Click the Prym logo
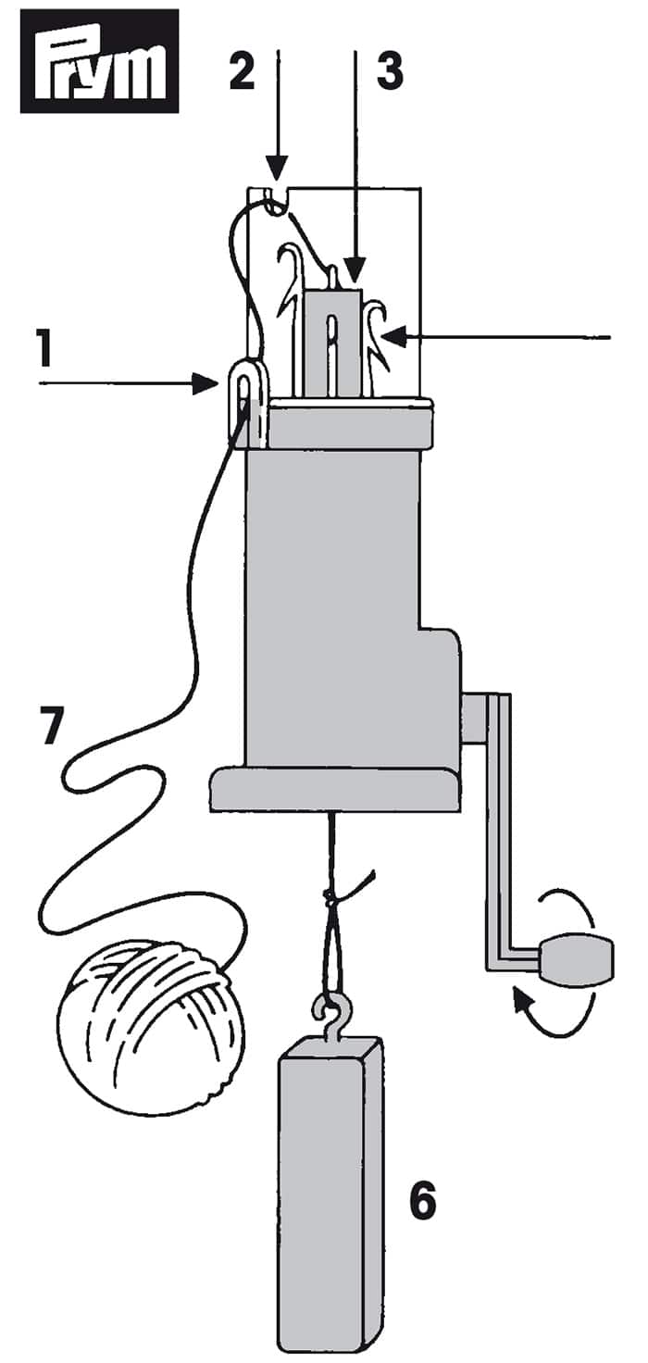coord(100,61)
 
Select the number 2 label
coord(242,70)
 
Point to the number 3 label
coord(390,70)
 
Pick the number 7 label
coord(53,724)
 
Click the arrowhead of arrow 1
coord(206,383)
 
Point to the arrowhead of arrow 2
coord(277,167)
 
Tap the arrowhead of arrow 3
coord(355,269)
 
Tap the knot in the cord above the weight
coord(330,896)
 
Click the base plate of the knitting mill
coord(335,789)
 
